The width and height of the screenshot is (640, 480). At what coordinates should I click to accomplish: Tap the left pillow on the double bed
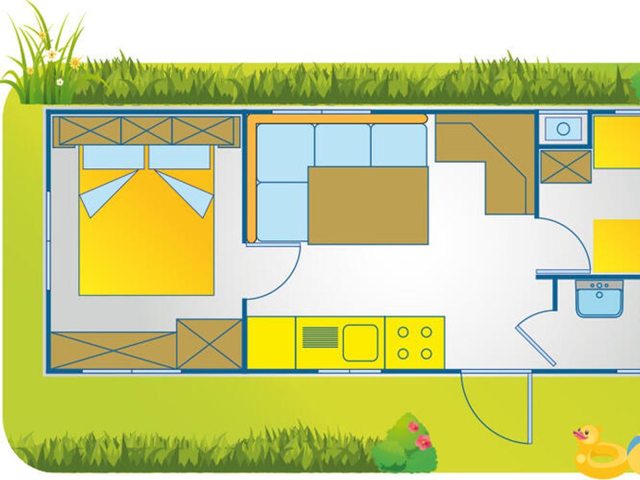coord(113,157)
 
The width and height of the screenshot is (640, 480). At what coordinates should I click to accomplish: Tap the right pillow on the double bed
coord(179,157)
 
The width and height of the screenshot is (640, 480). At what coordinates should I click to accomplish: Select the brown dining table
coord(368,205)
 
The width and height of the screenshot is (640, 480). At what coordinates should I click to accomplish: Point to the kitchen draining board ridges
coord(320,337)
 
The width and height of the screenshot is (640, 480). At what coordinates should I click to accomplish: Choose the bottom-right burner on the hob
coord(426,354)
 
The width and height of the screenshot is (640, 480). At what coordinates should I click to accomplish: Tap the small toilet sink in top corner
coord(563,129)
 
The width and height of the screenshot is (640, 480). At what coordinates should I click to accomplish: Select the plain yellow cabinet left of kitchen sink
coord(271,343)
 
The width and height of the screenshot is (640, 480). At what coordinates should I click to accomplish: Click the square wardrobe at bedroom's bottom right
coord(209,343)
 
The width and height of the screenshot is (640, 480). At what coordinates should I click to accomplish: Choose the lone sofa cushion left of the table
coord(282,211)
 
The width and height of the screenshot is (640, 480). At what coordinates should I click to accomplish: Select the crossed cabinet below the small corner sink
coord(566,167)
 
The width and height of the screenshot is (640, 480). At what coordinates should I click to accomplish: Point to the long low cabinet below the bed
coord(113,350)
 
